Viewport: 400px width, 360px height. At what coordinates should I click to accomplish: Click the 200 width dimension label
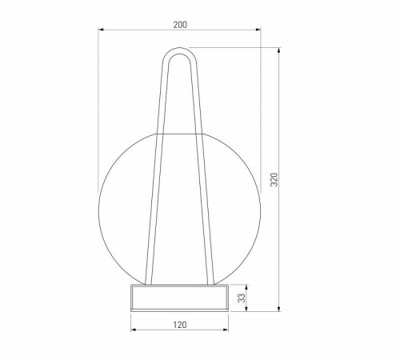[180, 25]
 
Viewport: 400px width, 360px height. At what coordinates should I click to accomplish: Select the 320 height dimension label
[274, 179]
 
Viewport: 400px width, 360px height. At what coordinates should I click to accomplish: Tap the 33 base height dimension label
[242, 298]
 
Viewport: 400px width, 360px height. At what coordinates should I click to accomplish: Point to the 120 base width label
[180, 325]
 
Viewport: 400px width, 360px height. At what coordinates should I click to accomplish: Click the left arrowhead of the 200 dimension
[101, 30]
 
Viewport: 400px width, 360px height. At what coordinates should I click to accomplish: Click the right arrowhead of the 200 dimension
[258, 30]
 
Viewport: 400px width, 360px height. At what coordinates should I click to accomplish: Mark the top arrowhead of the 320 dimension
[279, 50]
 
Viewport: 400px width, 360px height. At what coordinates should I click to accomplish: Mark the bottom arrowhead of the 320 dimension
[279, 309]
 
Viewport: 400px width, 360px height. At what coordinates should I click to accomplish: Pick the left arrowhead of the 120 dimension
[134, 330]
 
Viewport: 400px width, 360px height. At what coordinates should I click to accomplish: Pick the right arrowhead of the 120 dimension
[226, 330]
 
